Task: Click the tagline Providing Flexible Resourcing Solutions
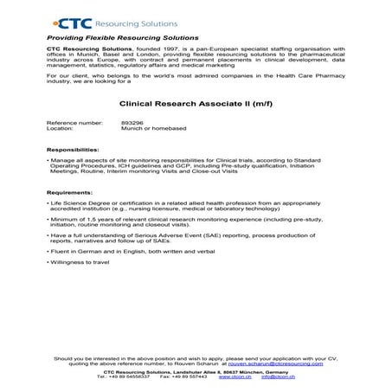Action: point(123,38)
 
